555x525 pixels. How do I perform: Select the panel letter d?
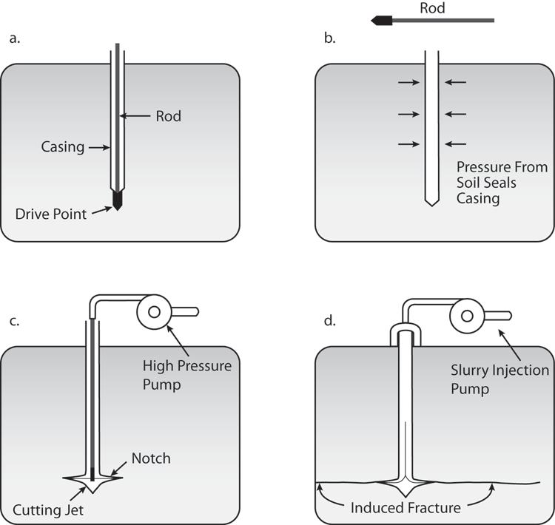coord(326,322)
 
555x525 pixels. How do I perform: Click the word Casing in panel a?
coord(63,147)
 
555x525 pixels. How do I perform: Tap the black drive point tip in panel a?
coord(117,202)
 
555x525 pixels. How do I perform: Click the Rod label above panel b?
coord(431,9)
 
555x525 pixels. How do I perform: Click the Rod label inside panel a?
coord(168,116)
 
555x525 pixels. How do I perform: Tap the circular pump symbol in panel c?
coord(155,312)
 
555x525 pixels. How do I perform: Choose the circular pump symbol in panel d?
coord(467,316)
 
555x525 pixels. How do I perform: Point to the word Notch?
coord(150,458)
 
